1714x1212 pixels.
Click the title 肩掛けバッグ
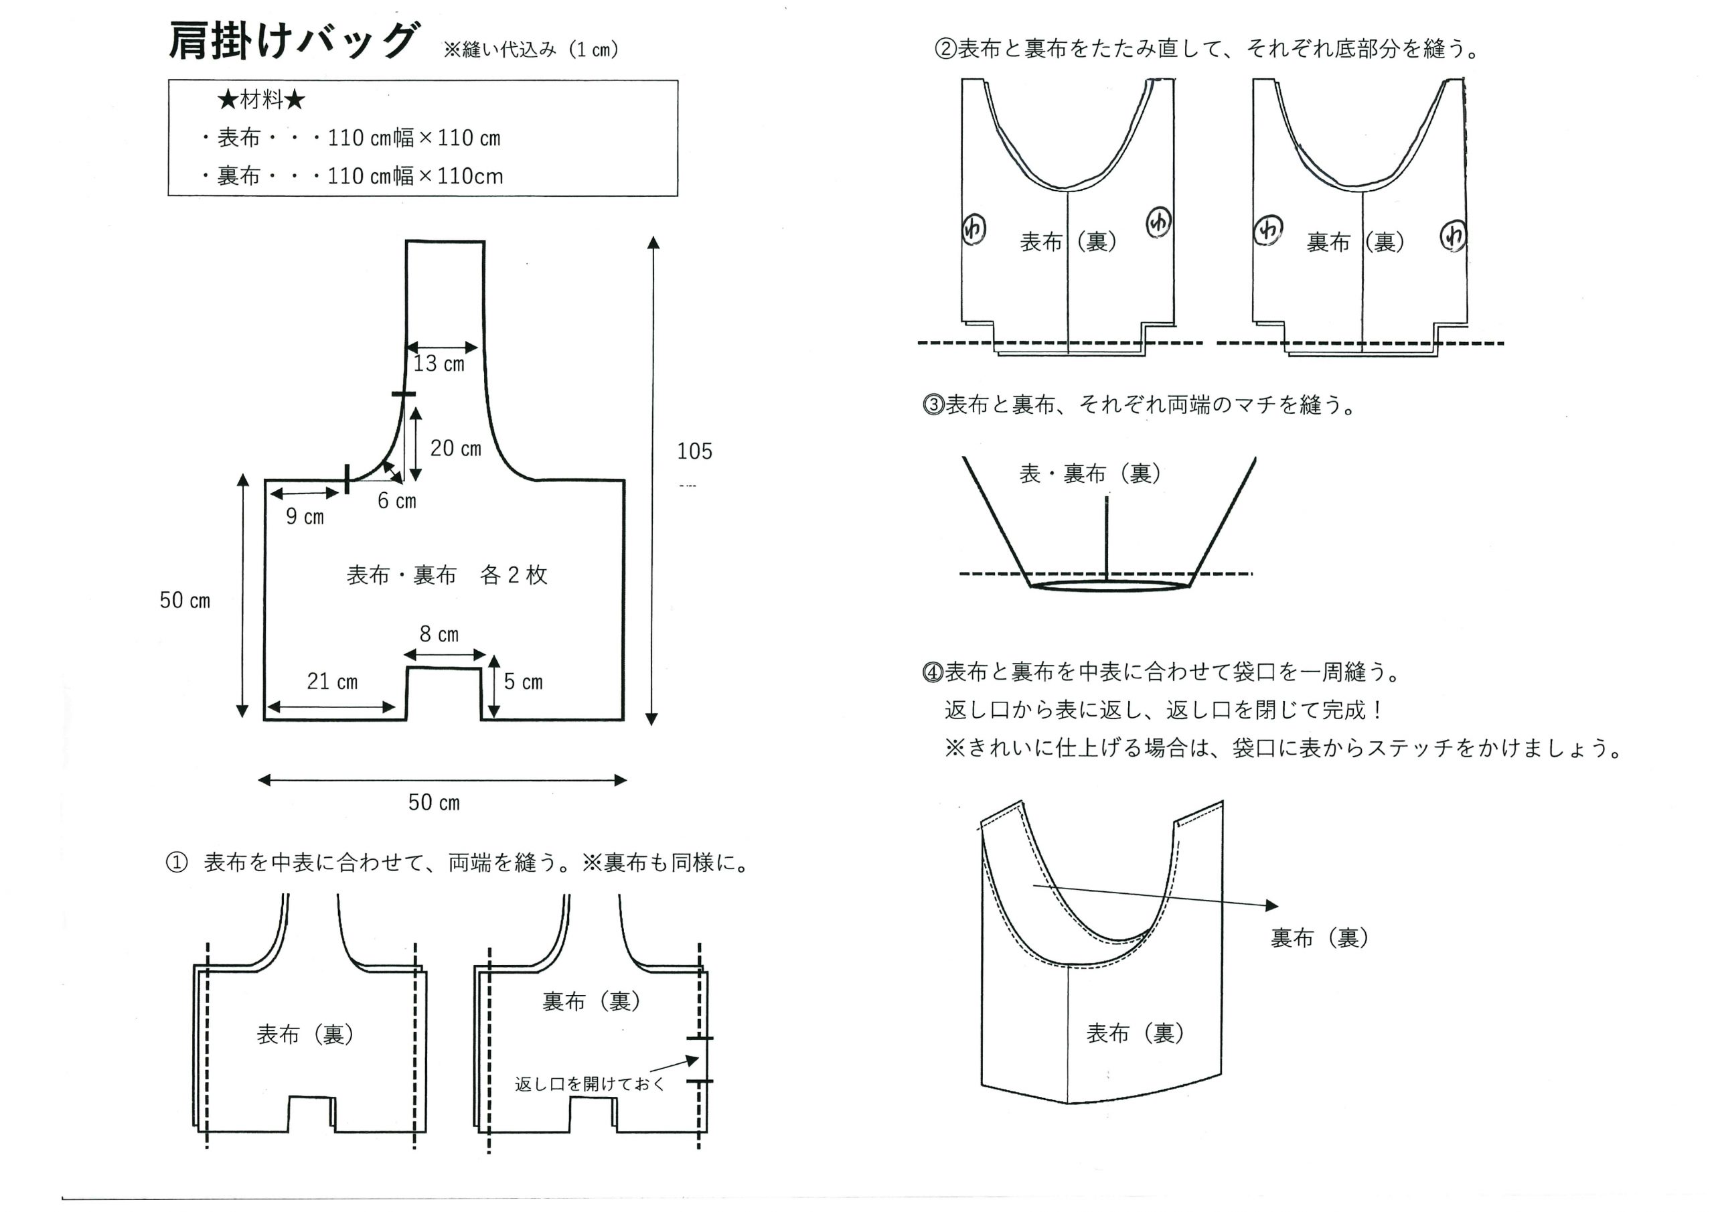click(293, 40)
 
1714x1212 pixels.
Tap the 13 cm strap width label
click(439, 364)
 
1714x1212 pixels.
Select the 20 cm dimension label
click(455, 448)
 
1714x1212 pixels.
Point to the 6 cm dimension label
click(396, 501)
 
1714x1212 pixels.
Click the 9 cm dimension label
click(305, 517)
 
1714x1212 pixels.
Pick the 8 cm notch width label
click(439, 635)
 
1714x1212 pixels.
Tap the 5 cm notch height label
click(522, 682)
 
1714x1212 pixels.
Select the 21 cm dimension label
click(332, 682)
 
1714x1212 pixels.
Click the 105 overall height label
click(694, 451)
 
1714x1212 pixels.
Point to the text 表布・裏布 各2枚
click(447, 575)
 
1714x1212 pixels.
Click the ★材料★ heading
click(261, 100)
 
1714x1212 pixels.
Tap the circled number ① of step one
click(176, 863)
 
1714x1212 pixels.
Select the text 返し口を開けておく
click(589, 1084)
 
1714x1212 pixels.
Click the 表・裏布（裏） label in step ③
click(1090, 473)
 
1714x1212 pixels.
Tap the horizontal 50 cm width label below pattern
click(434, 803)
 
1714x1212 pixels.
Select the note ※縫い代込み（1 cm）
click(531, 50)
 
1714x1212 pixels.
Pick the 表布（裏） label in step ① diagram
click(305, 1035)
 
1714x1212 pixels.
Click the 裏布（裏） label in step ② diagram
click(1355, 242)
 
